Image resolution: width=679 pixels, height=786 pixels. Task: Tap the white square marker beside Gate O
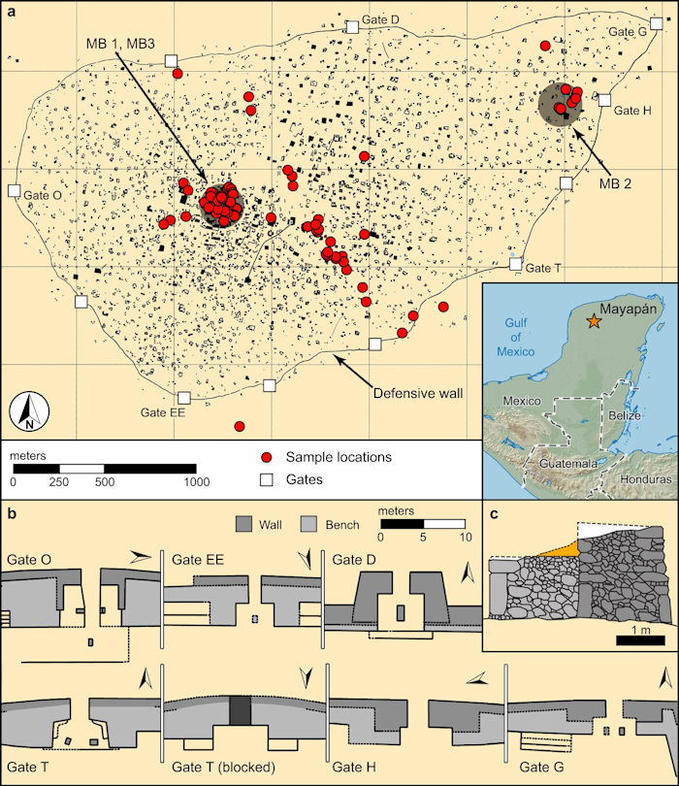tap(14, 191)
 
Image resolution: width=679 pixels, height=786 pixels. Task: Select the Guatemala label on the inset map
tap(567, 464)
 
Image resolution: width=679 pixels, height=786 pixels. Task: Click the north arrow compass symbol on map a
tap(30, 412)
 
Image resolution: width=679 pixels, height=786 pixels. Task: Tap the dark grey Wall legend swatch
tap(245, 525)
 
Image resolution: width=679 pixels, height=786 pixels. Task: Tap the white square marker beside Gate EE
tap(184, 397)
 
